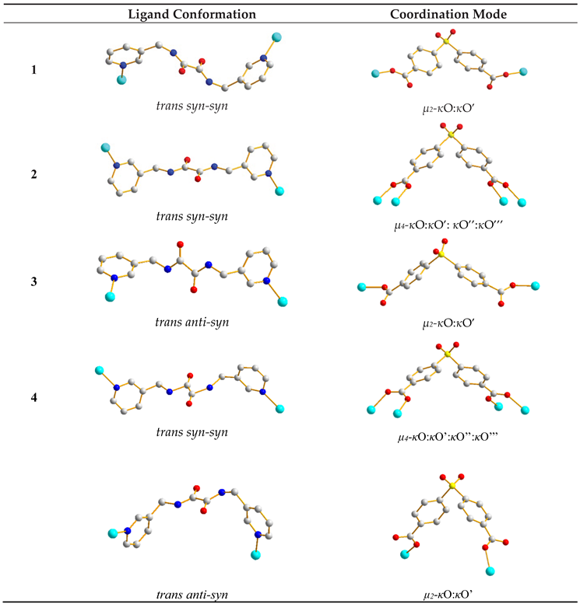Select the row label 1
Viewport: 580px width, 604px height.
(x=33, y=70)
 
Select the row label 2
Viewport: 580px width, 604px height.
(x=33, y=175)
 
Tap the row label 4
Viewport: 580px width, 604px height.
(x=33, y=397)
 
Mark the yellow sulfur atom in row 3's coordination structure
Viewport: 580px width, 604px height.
(x=441, y=253)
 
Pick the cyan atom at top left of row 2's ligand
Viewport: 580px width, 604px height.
(x=104, y=147)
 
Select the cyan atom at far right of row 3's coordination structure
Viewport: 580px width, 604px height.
(x=535, y=286)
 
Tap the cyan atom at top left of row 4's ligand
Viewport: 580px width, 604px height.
(x=99, y=370)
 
